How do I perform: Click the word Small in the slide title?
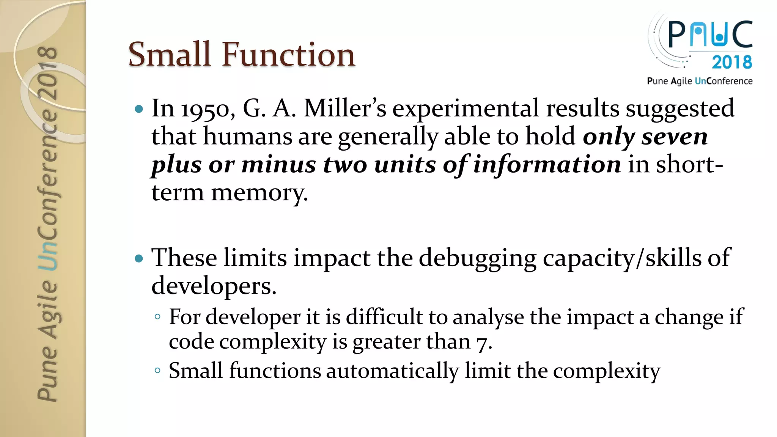tap(169, 55)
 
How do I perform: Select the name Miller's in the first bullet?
tap(345, 108)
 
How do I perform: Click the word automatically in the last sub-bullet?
tap(392, 371)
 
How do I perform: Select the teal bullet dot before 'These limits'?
tap(139, 259)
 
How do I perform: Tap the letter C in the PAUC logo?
tap(742, 34)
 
